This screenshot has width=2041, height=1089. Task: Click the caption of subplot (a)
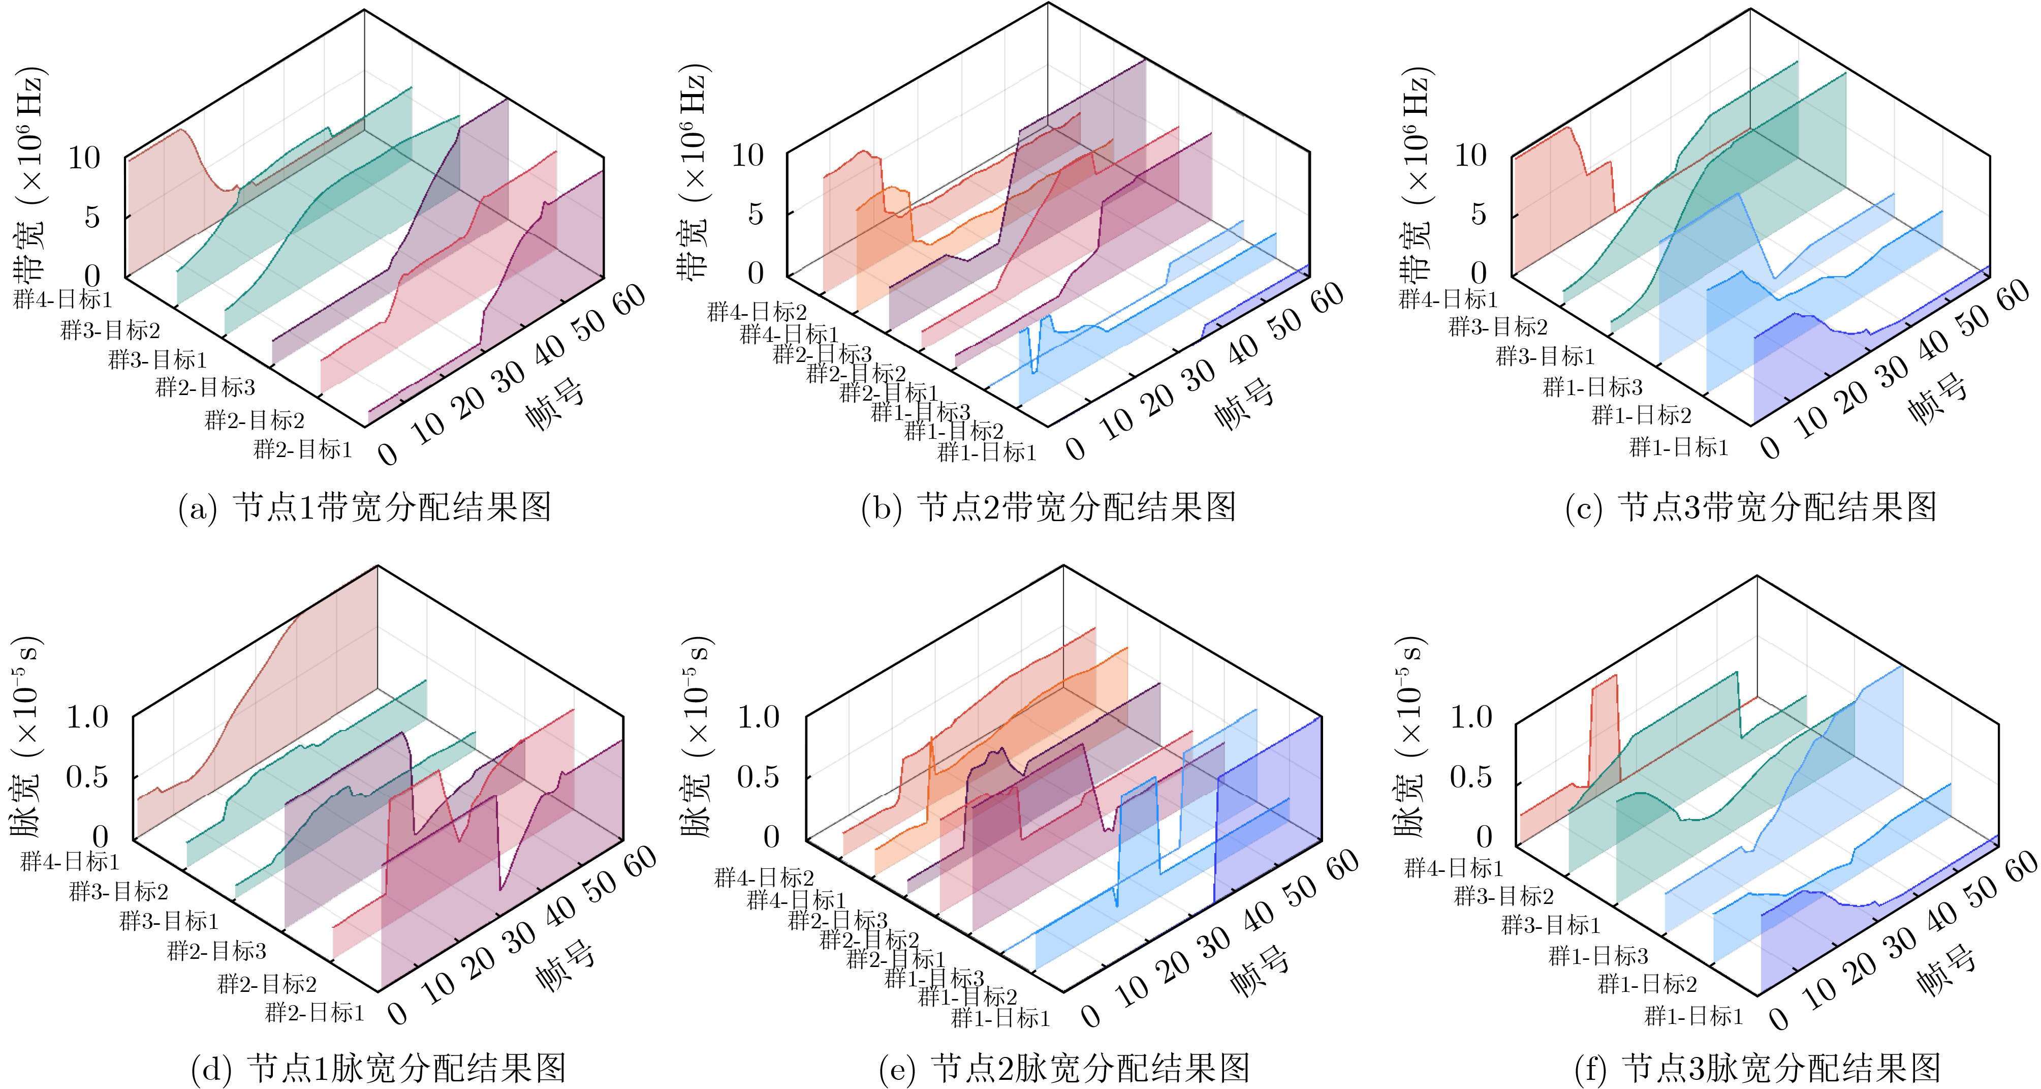point(364,507)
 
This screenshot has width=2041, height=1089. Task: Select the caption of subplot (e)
point(1064,1068)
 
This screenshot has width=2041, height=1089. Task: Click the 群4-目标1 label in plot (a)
point(64,299)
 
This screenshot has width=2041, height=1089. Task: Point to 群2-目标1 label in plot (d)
point(315,1013)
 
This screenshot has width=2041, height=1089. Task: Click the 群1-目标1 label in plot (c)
point(1679,448)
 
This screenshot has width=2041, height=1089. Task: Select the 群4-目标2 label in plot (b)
point(757,312)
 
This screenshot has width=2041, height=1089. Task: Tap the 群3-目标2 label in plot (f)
point(1504,896)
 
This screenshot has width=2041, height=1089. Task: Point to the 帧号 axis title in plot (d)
point(565,965)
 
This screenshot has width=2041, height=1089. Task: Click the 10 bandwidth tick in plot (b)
point(747,156)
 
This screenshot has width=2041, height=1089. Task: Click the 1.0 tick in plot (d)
point(87,717)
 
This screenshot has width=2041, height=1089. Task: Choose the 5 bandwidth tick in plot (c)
point(1478,214)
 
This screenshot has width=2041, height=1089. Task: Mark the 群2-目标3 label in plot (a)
point(205,387)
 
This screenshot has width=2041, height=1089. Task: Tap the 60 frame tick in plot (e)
point(1342,865)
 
